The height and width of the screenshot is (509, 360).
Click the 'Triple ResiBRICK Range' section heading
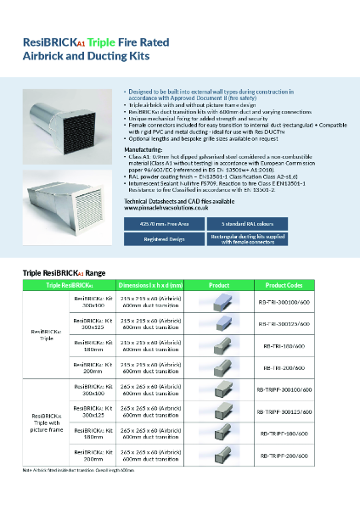(64, 273)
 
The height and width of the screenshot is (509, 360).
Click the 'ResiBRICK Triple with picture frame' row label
(47, 421)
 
